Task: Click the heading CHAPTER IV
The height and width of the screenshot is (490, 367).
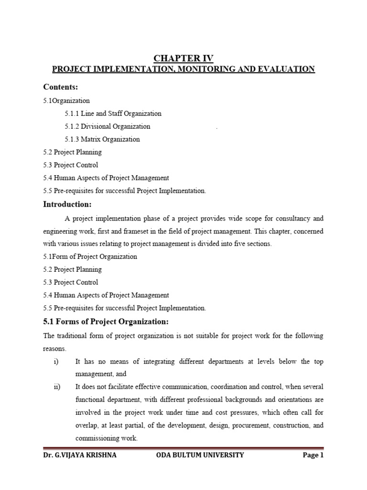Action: tap(183, 58)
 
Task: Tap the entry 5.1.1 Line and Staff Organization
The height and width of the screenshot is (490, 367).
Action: tap(113, 114)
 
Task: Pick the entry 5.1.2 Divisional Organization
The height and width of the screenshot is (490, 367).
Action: tap(108, 127)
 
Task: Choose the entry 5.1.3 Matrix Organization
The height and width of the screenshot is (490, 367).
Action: tap(102, 140)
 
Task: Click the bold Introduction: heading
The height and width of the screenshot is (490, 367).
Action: tap(67, 204)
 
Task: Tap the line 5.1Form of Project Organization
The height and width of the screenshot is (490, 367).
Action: tap(90, 256)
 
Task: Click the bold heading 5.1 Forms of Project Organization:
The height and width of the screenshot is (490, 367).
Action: tap(106, 321)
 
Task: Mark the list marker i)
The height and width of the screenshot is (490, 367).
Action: tap(56, 362)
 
